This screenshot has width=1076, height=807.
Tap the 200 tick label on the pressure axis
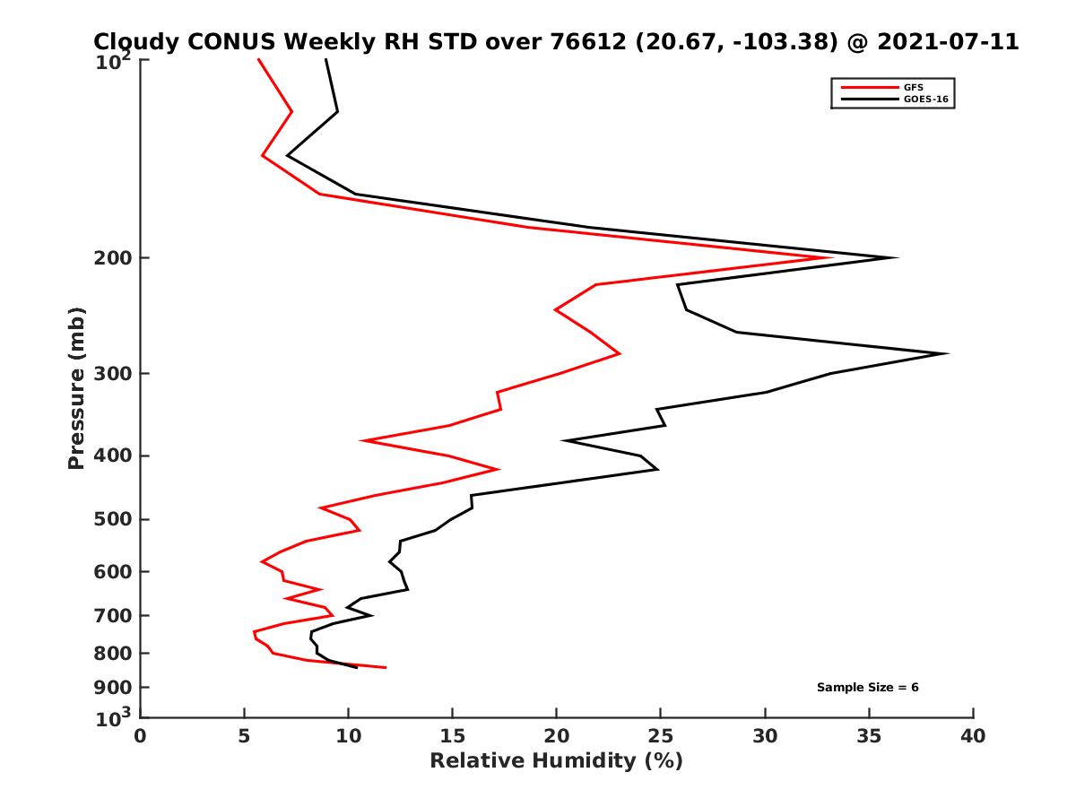pyautogui.click(x=114, y=258)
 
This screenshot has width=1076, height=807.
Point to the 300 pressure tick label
pyautogui.click(x=114, y=374)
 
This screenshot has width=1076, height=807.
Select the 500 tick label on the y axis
pyautogui.click(x=114, y=520)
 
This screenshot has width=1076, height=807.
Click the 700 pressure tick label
pyautogui.click(x=114, y=616)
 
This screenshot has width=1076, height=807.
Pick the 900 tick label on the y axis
pyautogui.click(x=114, y=688)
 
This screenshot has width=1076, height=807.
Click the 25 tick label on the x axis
pyautogui.click(x=660, y=736)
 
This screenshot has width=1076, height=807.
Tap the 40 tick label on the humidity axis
pyautogui.click(x=973, y=736)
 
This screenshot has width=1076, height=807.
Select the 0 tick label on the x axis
pyautogui.click(x=141, y=736)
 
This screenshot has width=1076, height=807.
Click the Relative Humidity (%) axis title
pyautogui.click(x=556, y=761)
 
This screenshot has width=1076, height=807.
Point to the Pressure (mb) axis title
pyautogui.click(x=76, y=387)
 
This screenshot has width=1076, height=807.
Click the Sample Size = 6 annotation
pyautogui.click(x=867, y=688)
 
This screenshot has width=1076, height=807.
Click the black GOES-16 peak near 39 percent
pyautogui.click(x=946, y=353)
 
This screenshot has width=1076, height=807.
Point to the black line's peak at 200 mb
pyautogui.click(x=896, y=258)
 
